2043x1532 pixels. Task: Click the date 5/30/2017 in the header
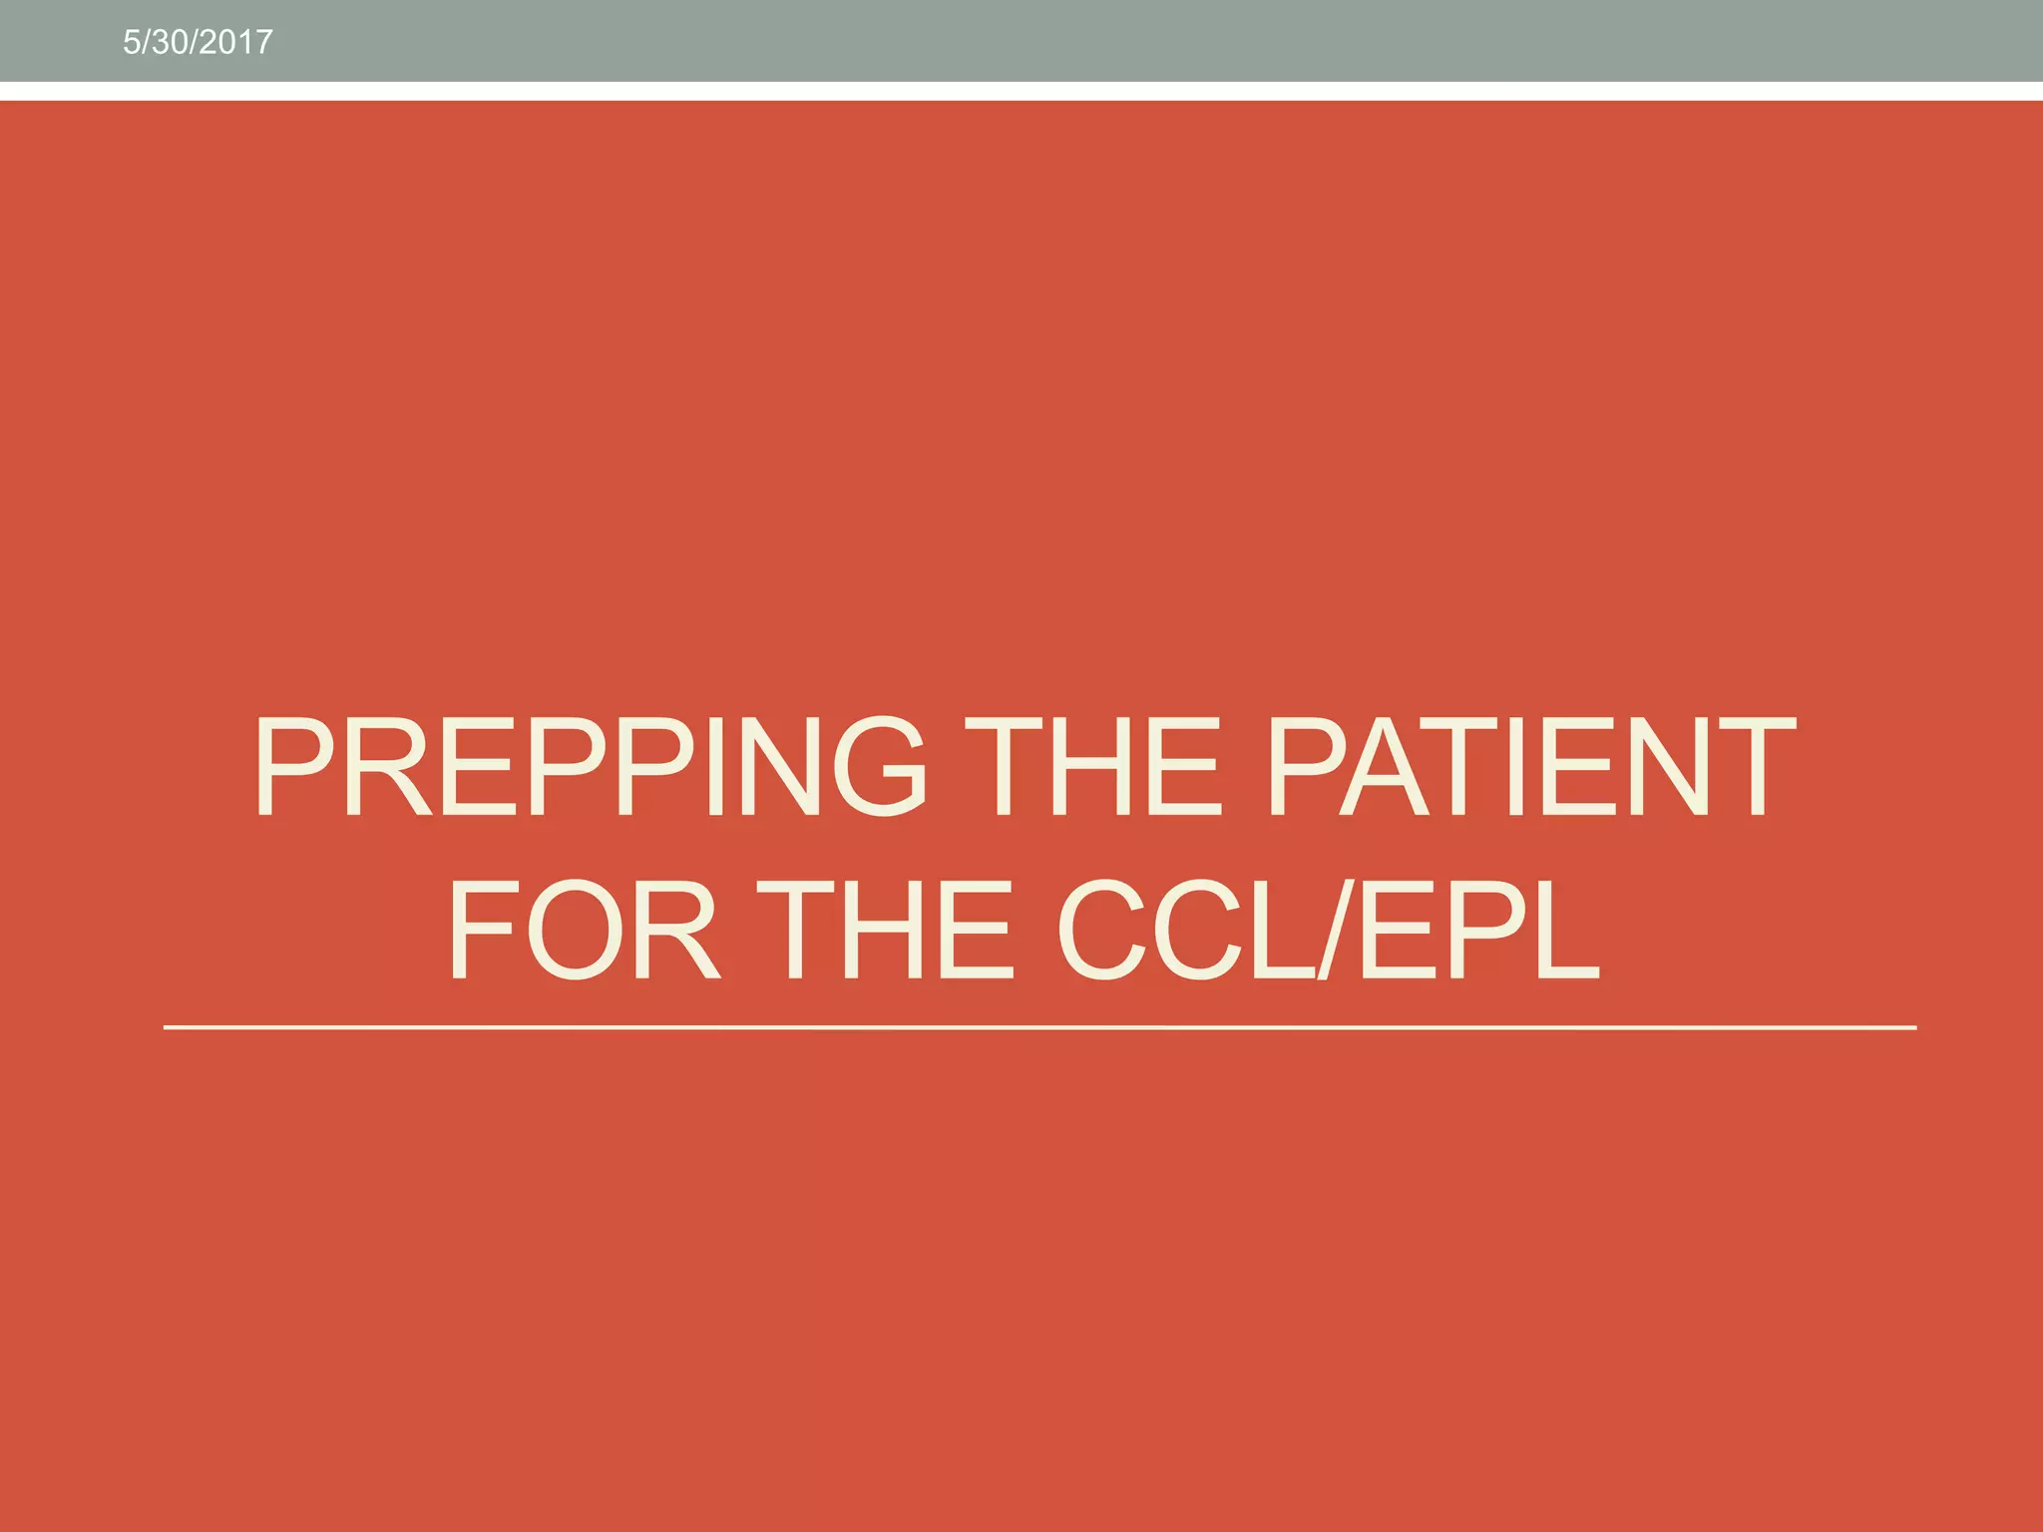pyautogui.click(x=198, y=42)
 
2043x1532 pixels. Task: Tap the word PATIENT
pyautogui.click(x=1531, y=766)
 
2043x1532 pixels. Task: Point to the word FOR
pyautogui.click(x=584, y=930)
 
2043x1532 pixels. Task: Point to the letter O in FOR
pyautogui.click(x=575, y=930)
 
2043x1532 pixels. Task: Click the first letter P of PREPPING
pyautogui.click(x=295, y=766)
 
